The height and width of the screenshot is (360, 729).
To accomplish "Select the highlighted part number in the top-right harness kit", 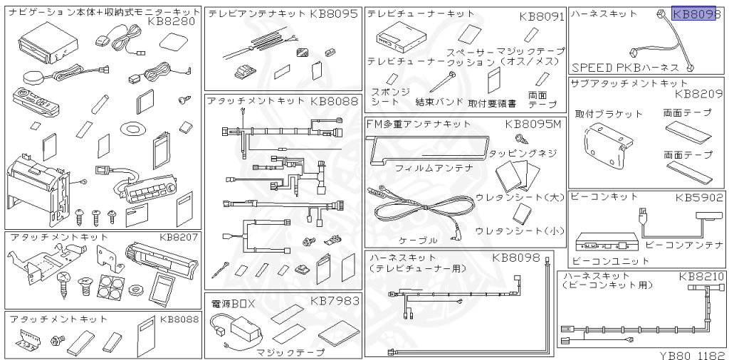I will pyautogui.click(x=693, y=14).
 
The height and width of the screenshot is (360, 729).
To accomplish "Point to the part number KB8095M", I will pyautogui.click(x=533, y=124).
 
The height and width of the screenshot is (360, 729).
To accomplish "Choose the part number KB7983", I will pyautogui.click(x=335, y=300).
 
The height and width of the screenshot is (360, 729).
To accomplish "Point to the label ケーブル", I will pyautogui.click(x=419, y=240).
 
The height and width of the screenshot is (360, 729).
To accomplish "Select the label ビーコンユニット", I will pyautogui.click(x=601, y=260).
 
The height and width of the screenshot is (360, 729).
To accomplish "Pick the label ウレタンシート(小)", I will pyautogui.click(x=519, y=231).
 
